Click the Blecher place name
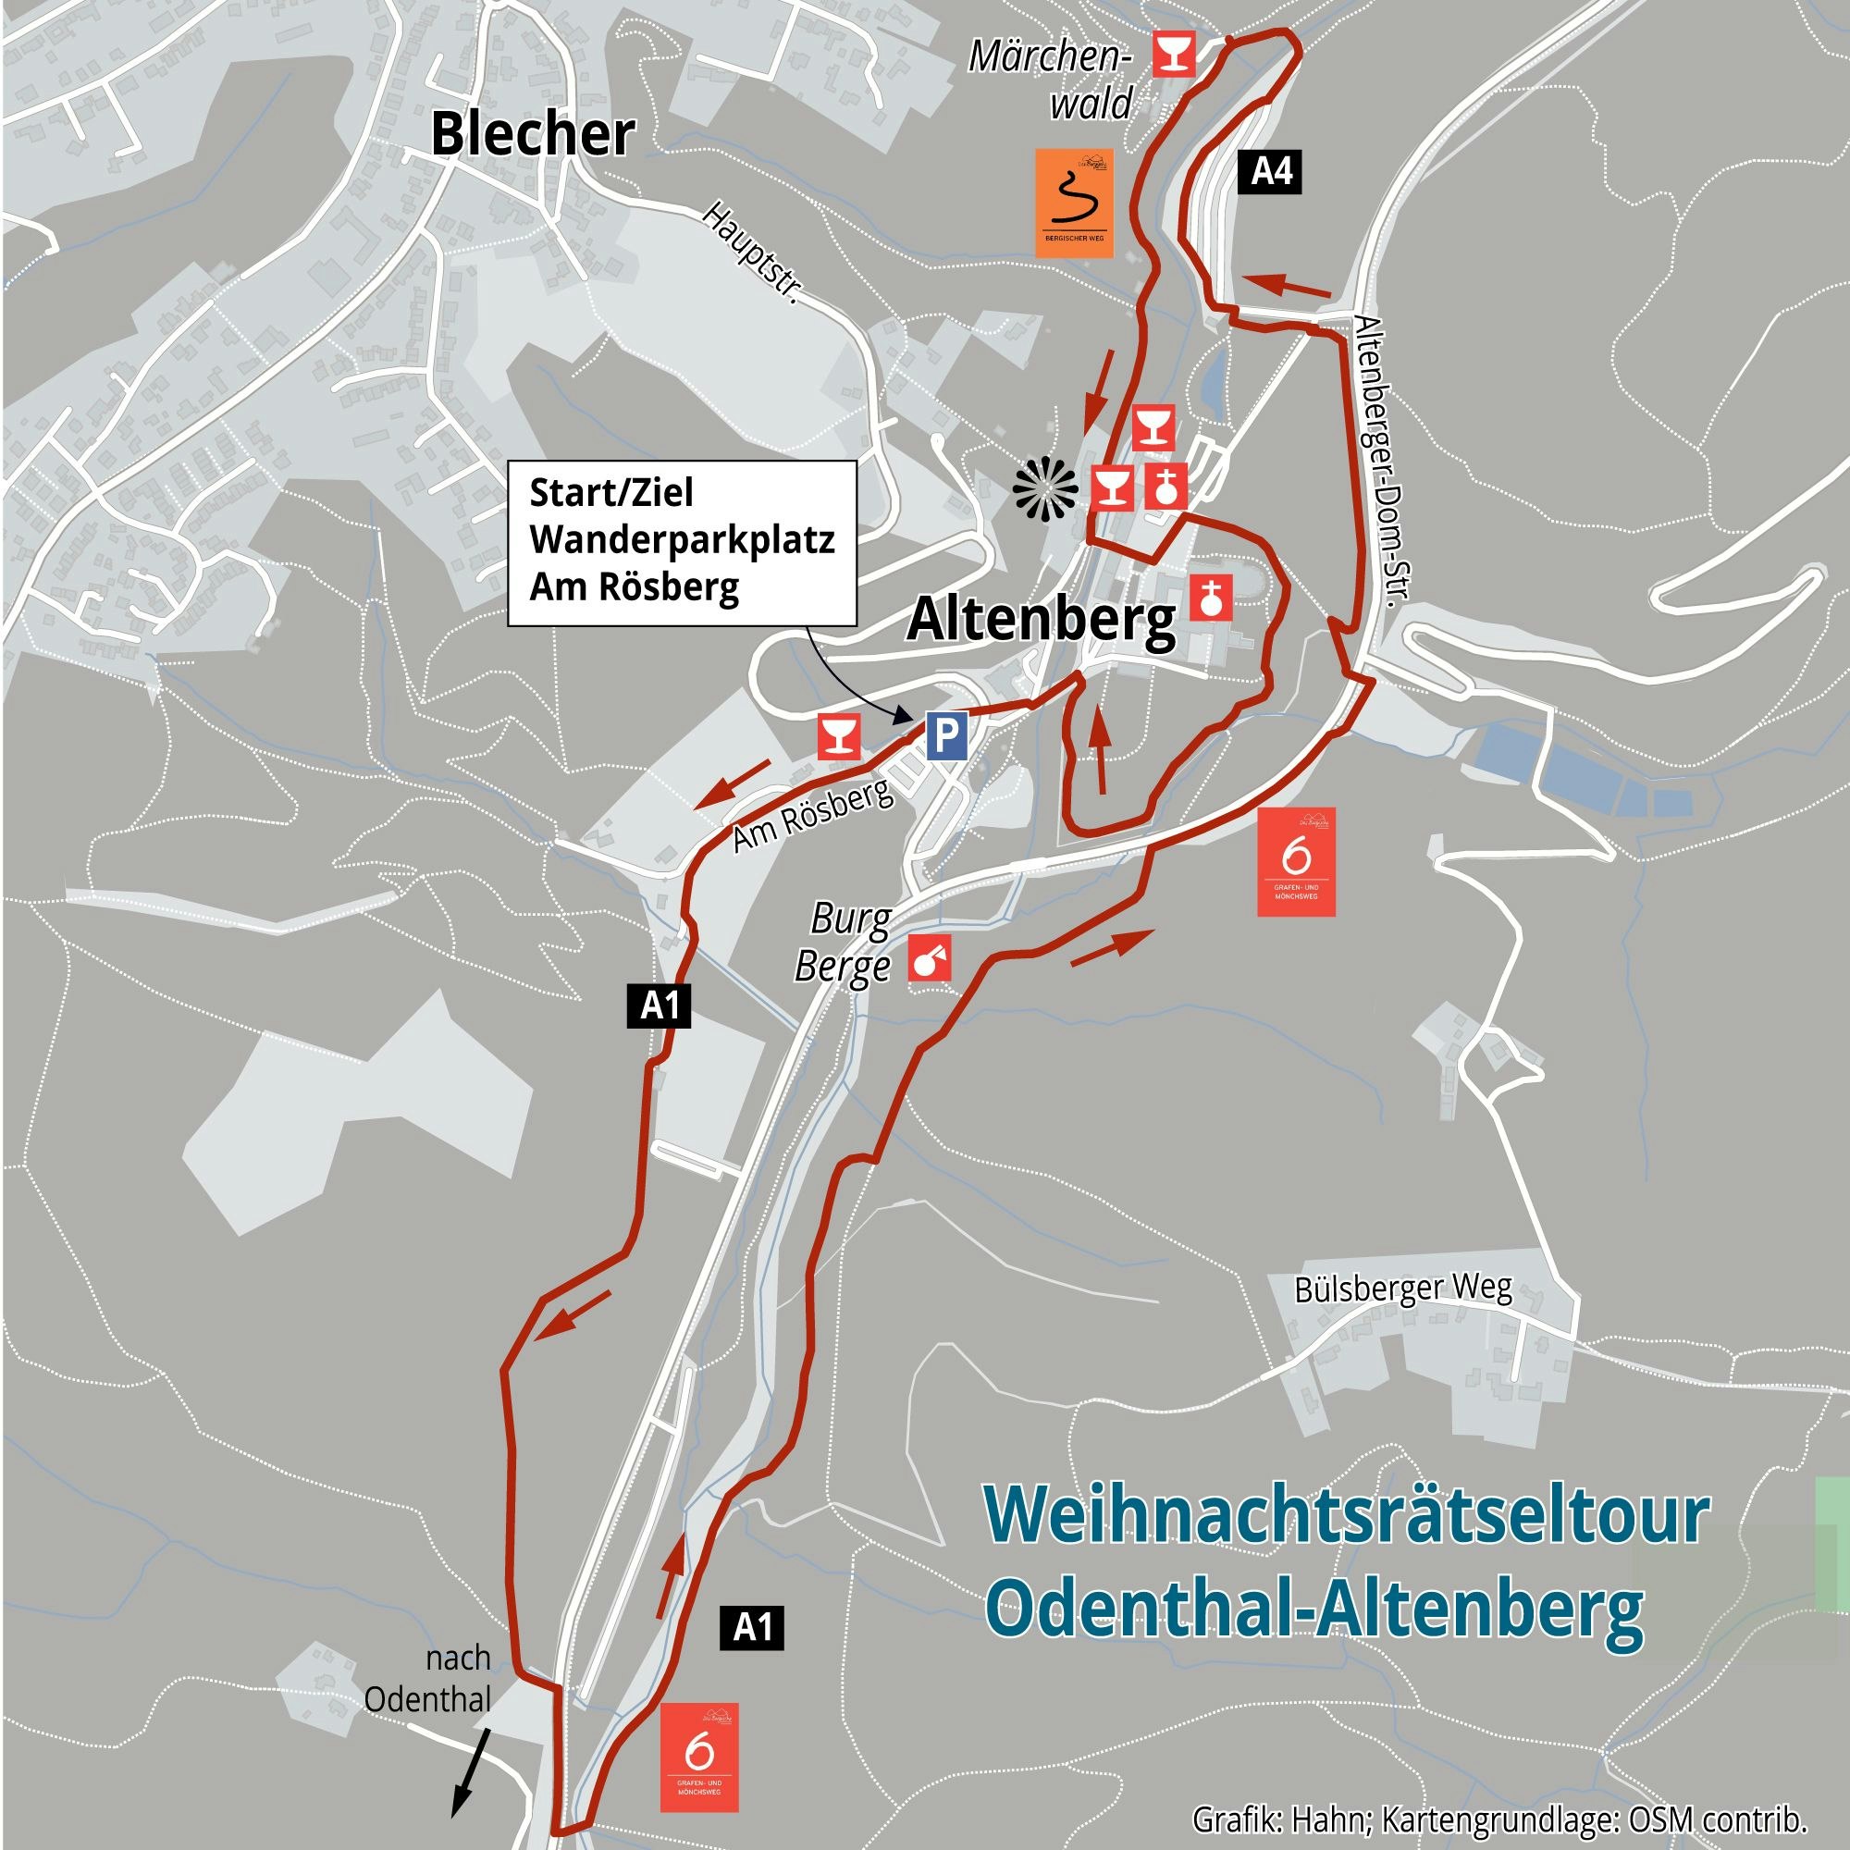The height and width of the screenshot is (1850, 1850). point(533,134)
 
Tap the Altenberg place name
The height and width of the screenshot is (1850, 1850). point(1041,621)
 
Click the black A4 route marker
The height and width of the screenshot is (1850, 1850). point(1272,172)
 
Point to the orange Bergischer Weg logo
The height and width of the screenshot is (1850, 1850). point(1073,202)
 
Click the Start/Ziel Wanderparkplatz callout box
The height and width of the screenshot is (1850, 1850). point(682,542)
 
